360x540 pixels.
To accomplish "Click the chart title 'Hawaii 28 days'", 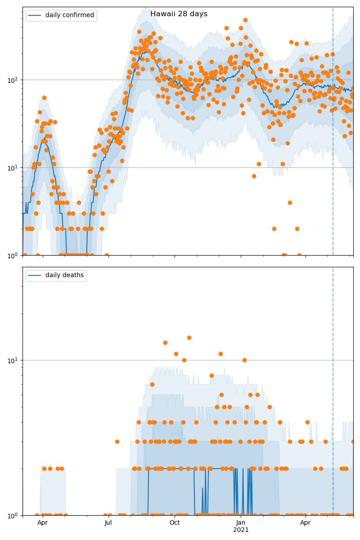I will pos(179,14).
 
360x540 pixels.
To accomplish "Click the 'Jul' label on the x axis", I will pos(108,522).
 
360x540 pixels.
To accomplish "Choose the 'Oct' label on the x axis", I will pos(175,522).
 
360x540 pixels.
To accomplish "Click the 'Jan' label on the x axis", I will pos(241,522).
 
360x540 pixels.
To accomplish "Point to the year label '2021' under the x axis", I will pos(241,530).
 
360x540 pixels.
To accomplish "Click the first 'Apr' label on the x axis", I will pos(42,522).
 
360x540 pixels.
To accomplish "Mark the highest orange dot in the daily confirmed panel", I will pos(245,20).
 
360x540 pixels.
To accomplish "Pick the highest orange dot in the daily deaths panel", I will pos(189,337).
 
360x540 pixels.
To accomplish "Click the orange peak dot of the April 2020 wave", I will pos(44,98).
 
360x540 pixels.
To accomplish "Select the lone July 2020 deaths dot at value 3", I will pos(117,441).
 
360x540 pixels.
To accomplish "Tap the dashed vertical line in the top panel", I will pos(333,135).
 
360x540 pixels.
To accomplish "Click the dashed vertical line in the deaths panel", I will pos(333,382).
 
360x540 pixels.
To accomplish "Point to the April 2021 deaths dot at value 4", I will pos(307,422).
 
